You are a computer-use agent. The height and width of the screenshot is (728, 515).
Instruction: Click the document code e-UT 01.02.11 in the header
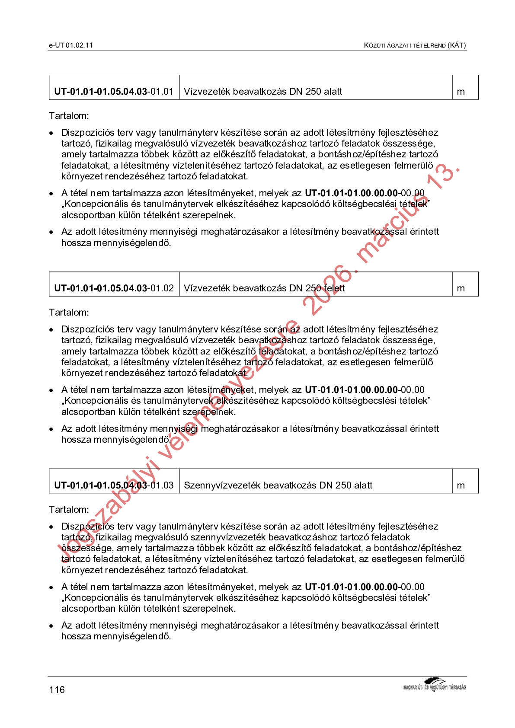click(x=70, y=45)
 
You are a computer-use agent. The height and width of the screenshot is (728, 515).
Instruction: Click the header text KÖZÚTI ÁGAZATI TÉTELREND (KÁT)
click(x=415, y=45)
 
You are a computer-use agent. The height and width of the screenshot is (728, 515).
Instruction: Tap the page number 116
click(x=57, y=690)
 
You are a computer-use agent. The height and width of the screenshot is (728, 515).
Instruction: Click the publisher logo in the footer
click(x=434, y=685)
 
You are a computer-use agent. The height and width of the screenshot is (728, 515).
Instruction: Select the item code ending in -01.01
click(x=114, y=92)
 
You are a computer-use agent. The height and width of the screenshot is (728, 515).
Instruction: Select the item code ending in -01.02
click(x=114, y=288)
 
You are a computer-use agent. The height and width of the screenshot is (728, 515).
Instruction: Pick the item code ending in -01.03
click(x=114, y=485)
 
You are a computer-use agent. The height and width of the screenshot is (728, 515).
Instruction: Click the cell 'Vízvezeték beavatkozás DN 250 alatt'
click(x=263, y=92)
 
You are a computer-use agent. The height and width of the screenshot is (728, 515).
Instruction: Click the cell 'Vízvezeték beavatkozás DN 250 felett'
click(x=264, y=288)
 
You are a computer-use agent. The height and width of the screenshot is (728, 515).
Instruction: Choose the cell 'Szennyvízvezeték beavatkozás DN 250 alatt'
click(x=278, y=485)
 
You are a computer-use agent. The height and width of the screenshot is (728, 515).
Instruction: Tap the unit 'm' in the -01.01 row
click(x=461, y=92)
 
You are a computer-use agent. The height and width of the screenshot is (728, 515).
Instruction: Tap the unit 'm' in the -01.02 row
click(x=461, y=289)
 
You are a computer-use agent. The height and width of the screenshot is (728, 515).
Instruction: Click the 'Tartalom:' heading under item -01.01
click(x=69, y=116)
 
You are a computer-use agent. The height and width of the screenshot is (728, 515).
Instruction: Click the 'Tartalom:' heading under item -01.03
click(x=69, y=510)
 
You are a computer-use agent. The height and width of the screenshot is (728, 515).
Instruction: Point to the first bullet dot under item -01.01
click(x=51, y=133)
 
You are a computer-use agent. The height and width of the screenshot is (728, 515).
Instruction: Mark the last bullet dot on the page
click(x=51, y=626)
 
